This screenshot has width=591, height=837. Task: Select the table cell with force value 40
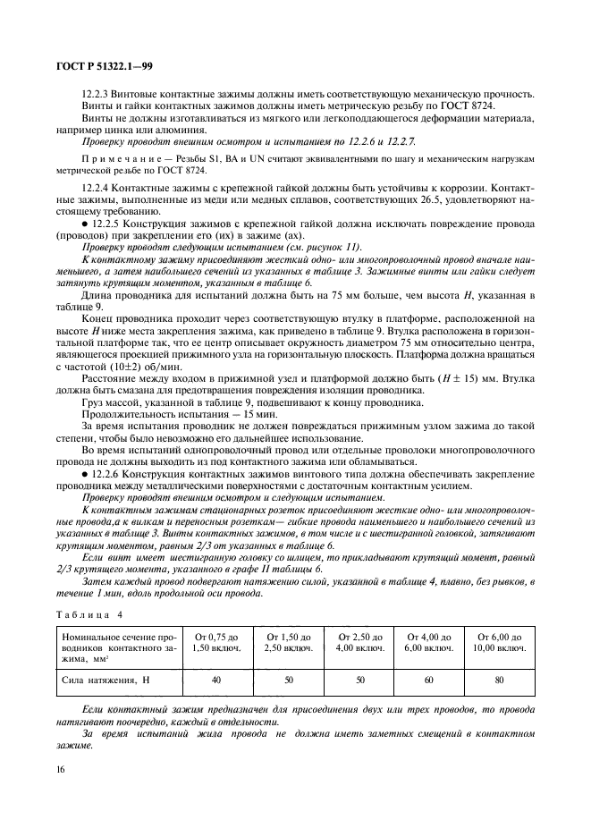[x=215, y=681]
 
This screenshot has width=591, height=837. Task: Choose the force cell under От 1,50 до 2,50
[x=287, y=681]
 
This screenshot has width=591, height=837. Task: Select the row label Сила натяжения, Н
[x=98, y=681]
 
